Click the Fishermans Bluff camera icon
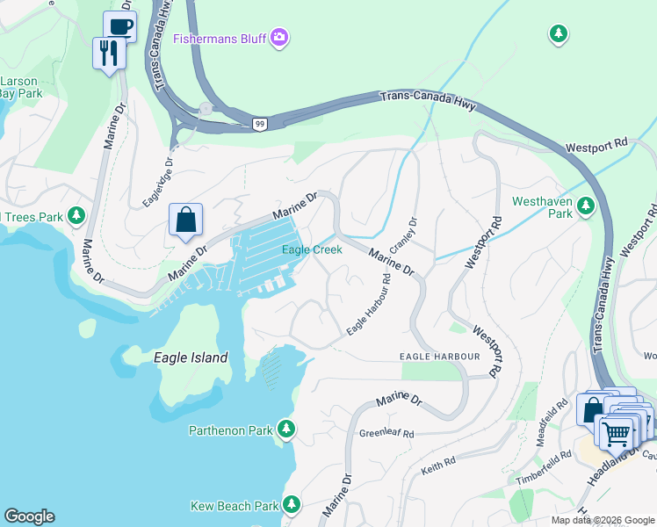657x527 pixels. [x=279, y=37]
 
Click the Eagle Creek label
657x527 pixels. [x=311, y=249]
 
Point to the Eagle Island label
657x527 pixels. [x=191, y=357]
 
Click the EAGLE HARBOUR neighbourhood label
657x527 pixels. [x=439, y=356]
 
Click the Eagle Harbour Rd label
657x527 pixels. [x=369, y=304]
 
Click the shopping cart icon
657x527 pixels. [x=617, y=431]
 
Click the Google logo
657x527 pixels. [x=29, y=516]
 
